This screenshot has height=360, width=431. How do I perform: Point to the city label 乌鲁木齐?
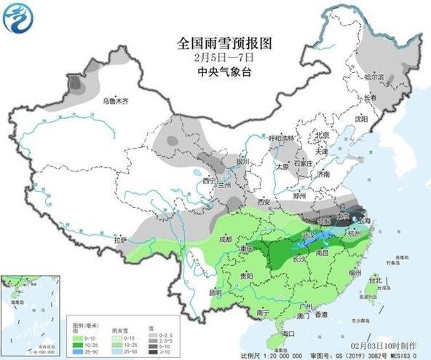coord(115,102)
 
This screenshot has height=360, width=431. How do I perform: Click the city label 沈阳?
coord(361,118)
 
